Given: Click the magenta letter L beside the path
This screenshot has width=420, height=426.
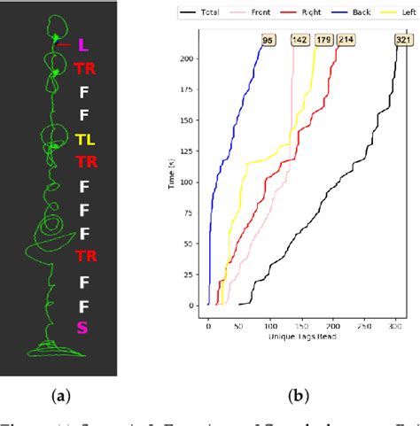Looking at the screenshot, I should click(82, 43).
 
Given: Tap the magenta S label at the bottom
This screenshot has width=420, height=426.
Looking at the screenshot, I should click(82, 329).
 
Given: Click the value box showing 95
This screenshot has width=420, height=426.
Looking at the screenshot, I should click(266, 39).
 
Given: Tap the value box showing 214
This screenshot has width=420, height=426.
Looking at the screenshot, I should click(344, 39).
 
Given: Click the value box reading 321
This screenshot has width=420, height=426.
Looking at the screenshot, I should click(404, 39).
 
